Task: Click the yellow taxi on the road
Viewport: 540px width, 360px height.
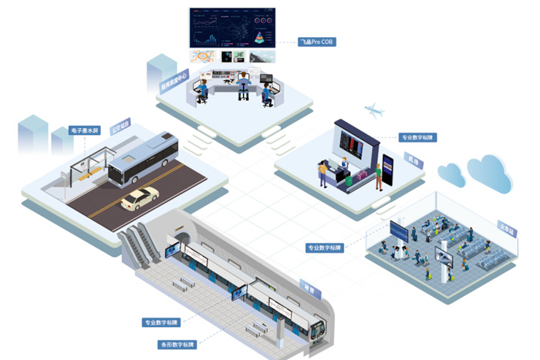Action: (140, 198)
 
